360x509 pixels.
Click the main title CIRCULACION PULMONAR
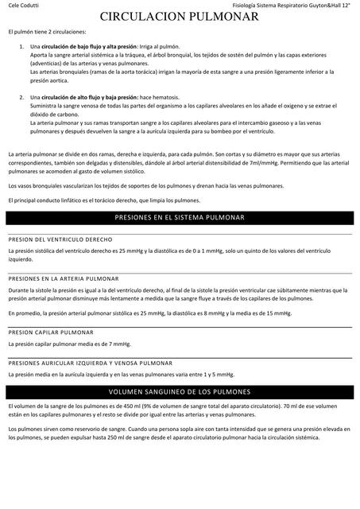[x=180, y=16]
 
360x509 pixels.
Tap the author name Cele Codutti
[x=23, y=6]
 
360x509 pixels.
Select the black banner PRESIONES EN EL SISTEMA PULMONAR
[x=180, y=217]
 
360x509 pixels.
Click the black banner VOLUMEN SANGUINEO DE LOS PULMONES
[x=180, y=392]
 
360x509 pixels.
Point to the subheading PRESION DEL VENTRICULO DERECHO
[x=60, y=239]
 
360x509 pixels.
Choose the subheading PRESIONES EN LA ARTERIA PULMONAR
[x=63, y=279]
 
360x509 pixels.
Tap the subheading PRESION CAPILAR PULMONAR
[x=52, y=333]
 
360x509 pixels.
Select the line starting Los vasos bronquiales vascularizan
[x=145, y=185]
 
